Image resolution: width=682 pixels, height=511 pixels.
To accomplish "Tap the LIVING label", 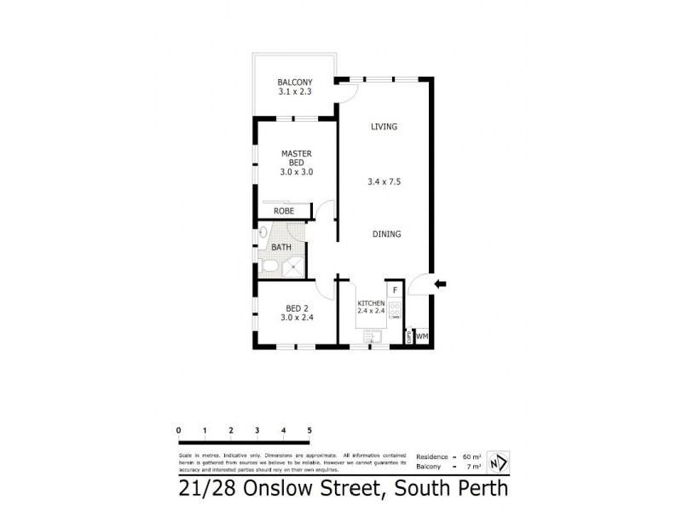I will [x=384, y=127].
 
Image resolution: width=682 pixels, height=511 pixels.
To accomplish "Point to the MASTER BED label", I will [x=297, y=158].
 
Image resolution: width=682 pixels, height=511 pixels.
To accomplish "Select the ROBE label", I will [x=284, y=210].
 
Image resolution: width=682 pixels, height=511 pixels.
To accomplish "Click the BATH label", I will [x=281, y=248].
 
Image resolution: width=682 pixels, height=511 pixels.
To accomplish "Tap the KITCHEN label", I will [x=372, y=303].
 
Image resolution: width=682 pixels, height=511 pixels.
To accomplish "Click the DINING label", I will [x=386, y=234].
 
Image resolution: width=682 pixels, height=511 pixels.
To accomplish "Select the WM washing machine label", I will [x=422, y=336].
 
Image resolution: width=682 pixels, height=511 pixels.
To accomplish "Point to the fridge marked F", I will [x=396, y=290].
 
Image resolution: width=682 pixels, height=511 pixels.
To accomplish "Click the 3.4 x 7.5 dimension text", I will [x=386, y=181].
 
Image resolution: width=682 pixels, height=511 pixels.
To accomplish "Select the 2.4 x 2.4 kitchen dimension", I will [x=372, y=311].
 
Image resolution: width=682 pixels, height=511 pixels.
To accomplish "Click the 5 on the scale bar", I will [x=309, y=429].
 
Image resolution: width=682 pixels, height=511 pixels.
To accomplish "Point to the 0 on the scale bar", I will [x=179, y=429].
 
